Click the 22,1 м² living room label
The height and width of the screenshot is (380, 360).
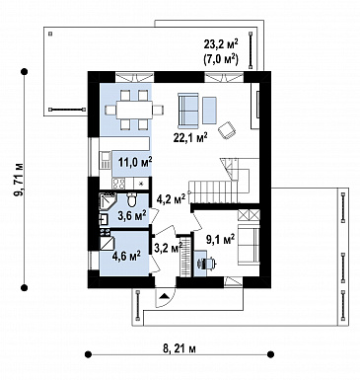(190, 136)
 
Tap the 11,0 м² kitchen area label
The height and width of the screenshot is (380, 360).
(135, 162)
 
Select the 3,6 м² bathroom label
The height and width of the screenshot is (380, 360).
(132, 216)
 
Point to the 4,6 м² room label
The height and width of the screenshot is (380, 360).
(126, 256)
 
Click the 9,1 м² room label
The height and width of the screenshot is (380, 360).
(220, 239)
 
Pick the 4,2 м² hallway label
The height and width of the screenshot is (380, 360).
(171, 198)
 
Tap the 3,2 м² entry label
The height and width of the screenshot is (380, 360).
(168, 248)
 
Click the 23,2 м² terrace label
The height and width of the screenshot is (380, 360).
(221, 44)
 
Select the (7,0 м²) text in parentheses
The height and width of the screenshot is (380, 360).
(221, 59)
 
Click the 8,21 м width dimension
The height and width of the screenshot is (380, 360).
(180, 348)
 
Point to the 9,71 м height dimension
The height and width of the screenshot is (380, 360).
(19, 180)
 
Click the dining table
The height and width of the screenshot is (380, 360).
(134, 110)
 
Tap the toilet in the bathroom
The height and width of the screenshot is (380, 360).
(131, 198)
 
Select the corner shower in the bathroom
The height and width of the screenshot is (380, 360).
(108, 202)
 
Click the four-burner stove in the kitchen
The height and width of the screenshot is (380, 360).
(118, 184)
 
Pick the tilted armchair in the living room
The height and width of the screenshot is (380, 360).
(227, 130)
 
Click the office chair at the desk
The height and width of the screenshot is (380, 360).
(206, 264)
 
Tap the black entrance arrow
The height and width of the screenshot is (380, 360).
(164, 296)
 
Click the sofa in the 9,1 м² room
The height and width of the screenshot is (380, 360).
(249, 245)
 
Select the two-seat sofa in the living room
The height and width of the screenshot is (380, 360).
(188, 111)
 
